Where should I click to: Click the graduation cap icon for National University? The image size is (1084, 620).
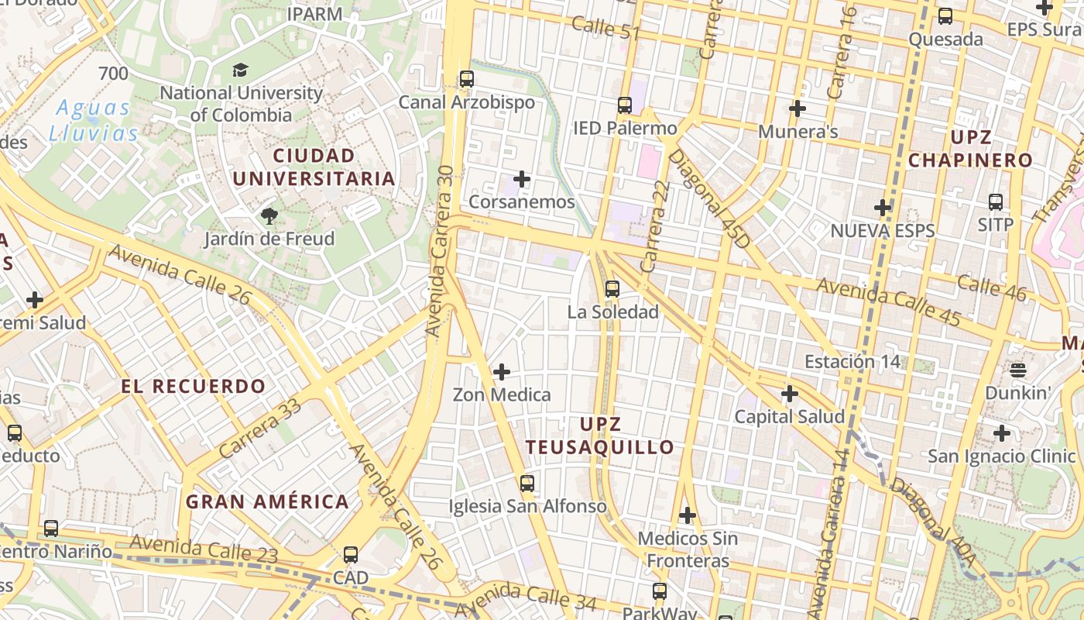(x=240, y=71)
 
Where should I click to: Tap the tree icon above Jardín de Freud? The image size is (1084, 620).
(x=269, y=215)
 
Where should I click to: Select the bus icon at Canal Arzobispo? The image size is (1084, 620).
(x=466, y=79)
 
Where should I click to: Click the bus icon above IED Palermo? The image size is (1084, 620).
(x=625, y=105)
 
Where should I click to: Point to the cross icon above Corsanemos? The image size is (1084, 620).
(x=522, y=180)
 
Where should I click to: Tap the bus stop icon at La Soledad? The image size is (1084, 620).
(x=612, y=289)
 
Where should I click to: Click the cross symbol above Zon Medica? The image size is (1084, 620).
(x=502, y=372)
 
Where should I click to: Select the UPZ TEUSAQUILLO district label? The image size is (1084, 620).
(x=600, y=436)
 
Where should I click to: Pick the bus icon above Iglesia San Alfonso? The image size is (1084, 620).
(x=527, y=484)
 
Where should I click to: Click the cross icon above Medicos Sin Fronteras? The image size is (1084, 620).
(x=687, y=515)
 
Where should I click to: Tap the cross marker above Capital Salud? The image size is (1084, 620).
(x=789, y=394)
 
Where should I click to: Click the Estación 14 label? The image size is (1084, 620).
(x=852, y=362)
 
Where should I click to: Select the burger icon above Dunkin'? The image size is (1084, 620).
(x=1017, y=370)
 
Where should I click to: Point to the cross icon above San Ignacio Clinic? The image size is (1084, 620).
(x=1002, y=433)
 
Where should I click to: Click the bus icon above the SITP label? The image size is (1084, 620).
(x=996, y=202)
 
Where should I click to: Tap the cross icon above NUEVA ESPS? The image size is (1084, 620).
(x=883, y=208)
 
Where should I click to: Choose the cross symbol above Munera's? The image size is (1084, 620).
(x=798, y=108)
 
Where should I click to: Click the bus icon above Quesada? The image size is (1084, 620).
(x=945, y=16)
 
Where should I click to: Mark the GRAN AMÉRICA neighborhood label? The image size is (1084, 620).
(x=267, y=501)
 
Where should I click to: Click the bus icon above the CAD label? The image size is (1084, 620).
(x=351, y=555)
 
